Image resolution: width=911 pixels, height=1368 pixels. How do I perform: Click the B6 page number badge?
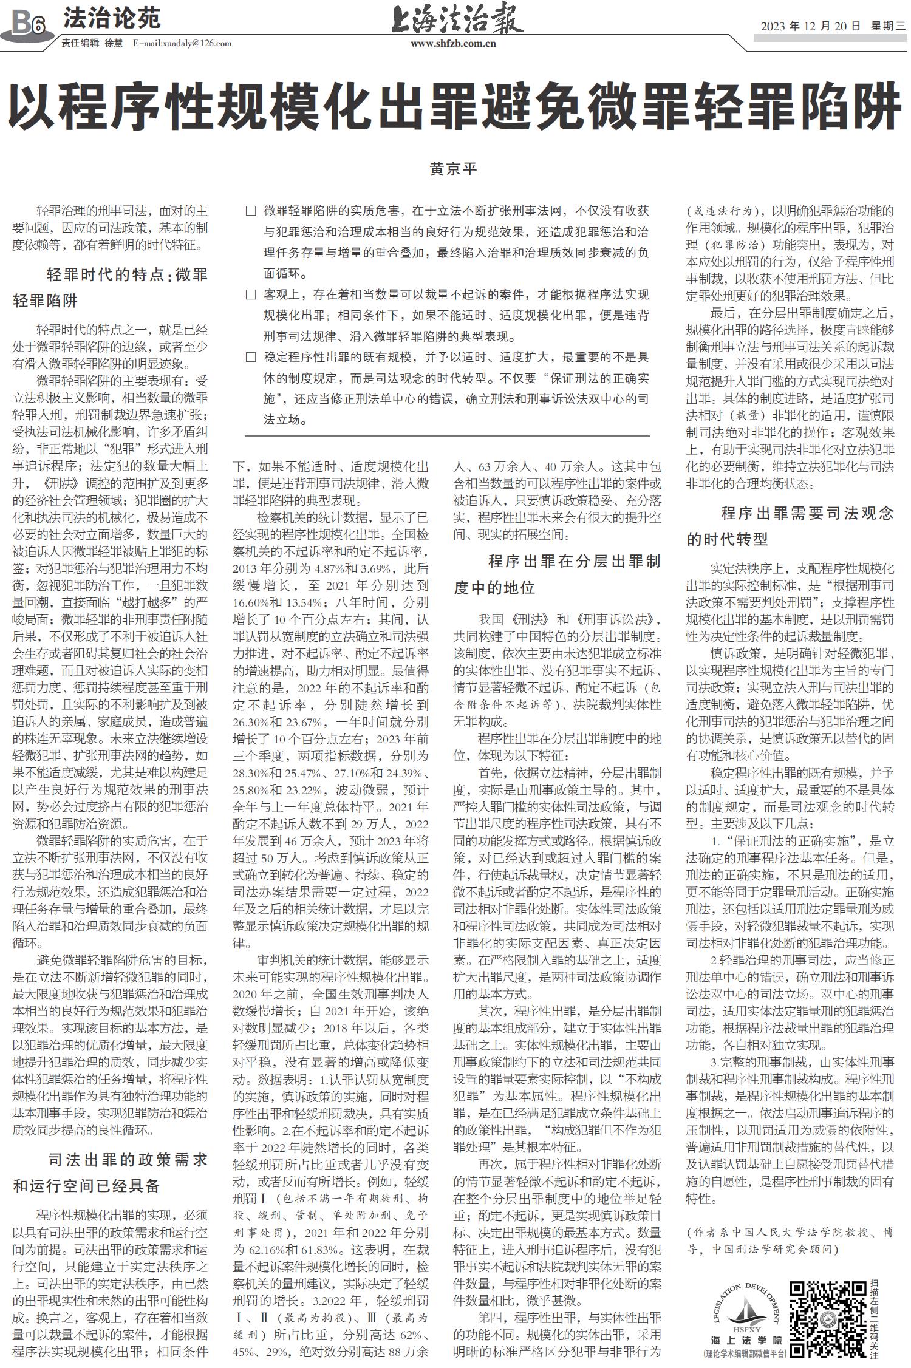click(27, 24)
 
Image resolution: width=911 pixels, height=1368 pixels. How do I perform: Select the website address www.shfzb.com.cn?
click(454, 43)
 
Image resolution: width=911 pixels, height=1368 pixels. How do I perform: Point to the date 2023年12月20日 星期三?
click(832, 26)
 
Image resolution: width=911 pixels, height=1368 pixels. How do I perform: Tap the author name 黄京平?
click(454, 169)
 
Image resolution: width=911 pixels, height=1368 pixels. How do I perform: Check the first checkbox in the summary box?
click(250, 211)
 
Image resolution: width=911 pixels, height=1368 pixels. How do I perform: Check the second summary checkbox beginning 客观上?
click(250, 295)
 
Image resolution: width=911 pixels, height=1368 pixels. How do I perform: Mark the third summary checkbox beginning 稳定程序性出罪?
click(250, 358)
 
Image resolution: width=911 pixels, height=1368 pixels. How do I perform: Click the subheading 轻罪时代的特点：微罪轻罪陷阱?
click(111, 288)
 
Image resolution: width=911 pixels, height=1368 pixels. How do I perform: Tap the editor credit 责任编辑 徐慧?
click(92, 43)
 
